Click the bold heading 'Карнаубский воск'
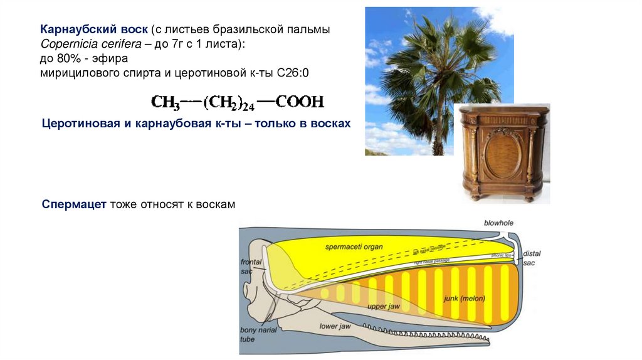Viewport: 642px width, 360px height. pos(95,30)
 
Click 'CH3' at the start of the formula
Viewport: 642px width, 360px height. pos(165,102)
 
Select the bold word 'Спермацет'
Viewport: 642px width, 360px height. pos(75,205)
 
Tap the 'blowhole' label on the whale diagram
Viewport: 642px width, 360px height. pos(498,223)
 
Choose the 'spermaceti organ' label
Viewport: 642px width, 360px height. pos(354,246)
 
